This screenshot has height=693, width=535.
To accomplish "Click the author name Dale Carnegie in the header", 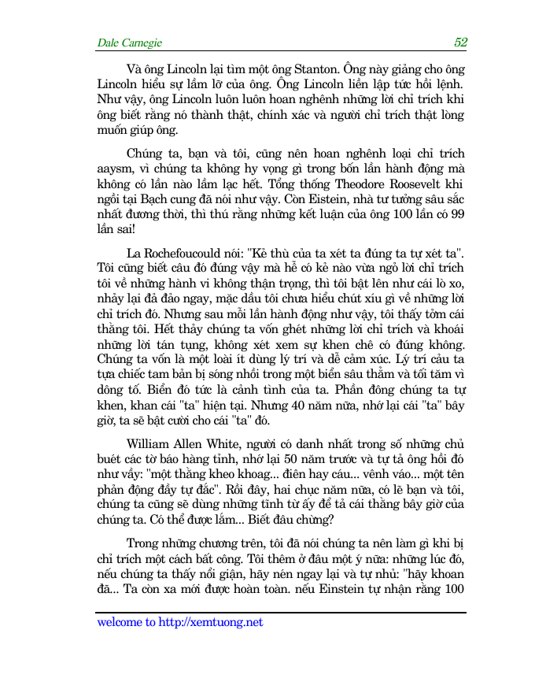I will tap(130, 43).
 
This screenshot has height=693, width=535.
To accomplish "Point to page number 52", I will tap(460, 43).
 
